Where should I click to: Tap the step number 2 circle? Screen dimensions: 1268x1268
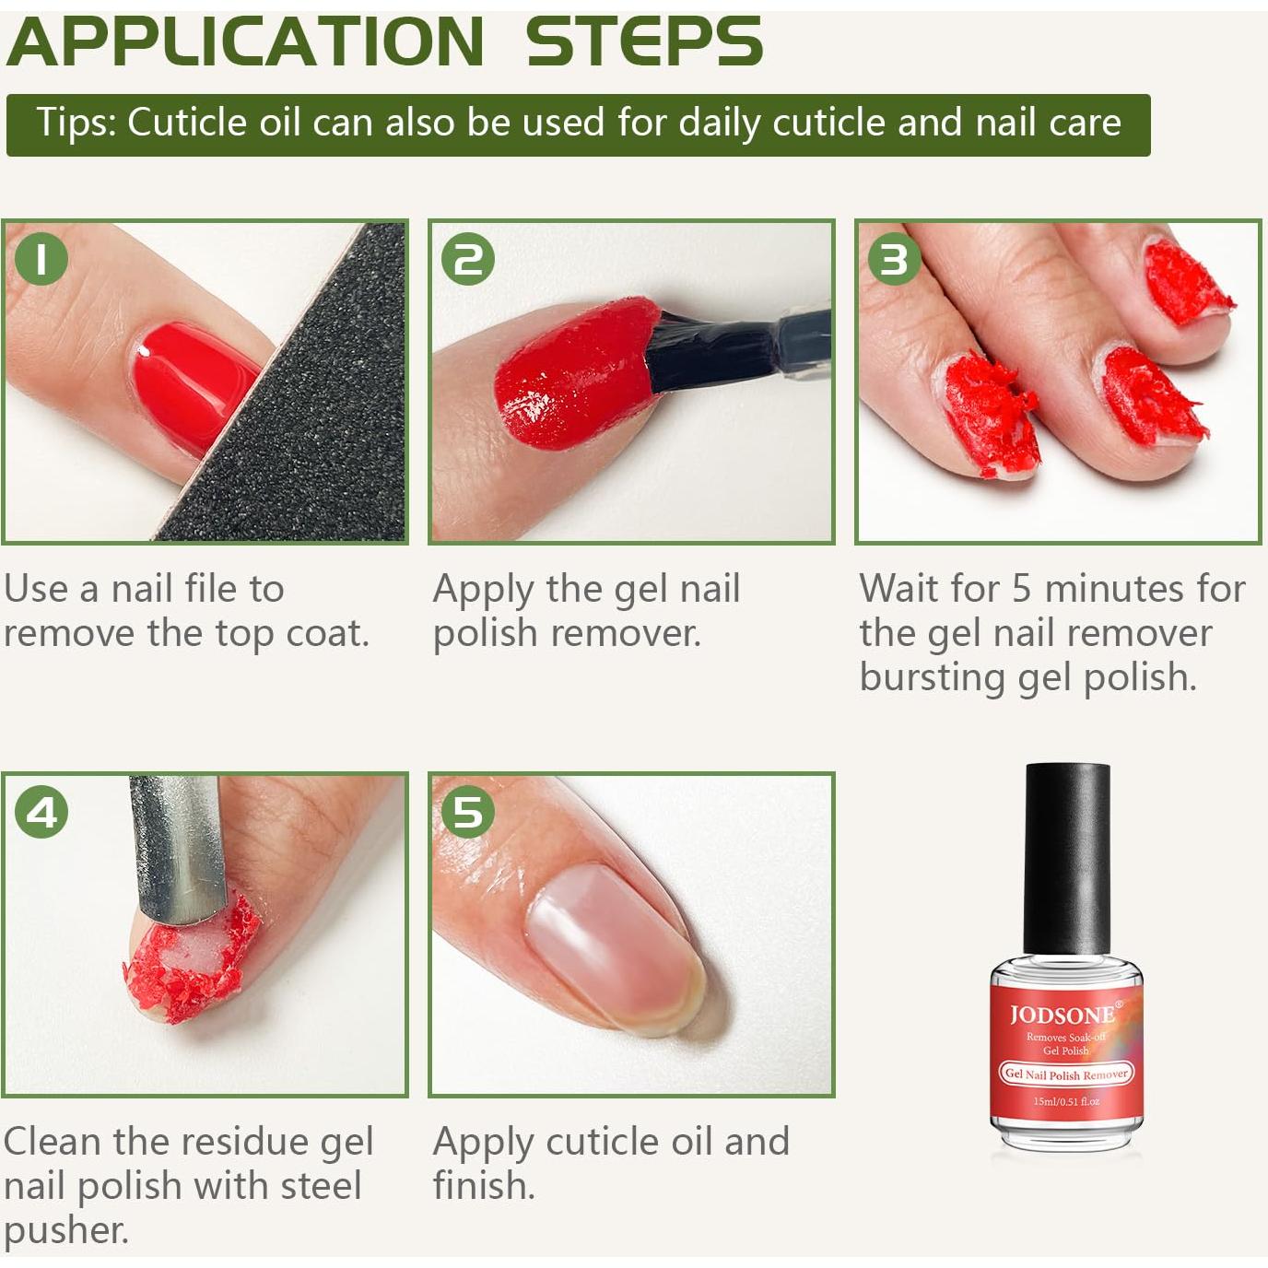[x=468, y=260]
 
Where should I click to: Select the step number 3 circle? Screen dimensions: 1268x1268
[x=895, y=260]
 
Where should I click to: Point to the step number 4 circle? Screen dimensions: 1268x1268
[x=41, y=813]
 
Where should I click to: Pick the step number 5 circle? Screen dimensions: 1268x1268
[x=468, y=813]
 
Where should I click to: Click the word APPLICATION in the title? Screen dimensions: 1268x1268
[x=245, y=42]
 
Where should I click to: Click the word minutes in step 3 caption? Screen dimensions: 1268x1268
[x=1105, y=588]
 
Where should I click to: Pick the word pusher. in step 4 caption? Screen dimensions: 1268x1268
[x=66, y=1230]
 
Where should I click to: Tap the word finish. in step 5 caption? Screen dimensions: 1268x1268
[x=484, y=1185]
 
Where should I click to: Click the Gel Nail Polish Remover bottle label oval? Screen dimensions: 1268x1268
[x=1066, y=1074]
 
